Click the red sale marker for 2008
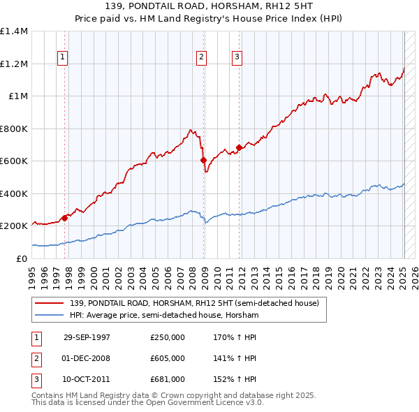pos(204,160)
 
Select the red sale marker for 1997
pos(65,217)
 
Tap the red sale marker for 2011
pos(239,147)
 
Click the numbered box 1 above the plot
pos(63,57)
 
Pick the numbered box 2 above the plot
pos(201,57)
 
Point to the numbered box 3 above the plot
pos(237,57)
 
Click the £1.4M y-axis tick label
pos(14,31)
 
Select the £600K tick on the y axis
pos(14,161)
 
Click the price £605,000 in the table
pos(167,358)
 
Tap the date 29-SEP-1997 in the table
pos(87,337)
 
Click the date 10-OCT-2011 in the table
pos(87,379)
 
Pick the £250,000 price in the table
pos(167,337)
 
